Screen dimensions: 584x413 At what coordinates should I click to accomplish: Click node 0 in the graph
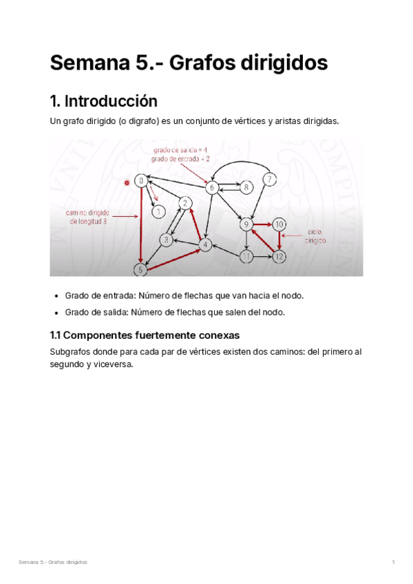point(140,181)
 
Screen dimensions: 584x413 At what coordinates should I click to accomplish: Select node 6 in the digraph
point(212,187)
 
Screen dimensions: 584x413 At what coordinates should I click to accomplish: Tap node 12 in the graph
point(279,257)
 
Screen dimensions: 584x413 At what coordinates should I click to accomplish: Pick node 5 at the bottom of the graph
point(141,270)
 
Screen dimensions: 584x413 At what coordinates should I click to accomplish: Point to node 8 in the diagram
point(246,186)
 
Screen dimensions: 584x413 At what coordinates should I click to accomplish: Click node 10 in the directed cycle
point(279,225)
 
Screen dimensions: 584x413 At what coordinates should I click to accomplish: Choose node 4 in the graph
point(204,244)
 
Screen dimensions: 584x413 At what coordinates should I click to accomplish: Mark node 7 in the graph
point(271,180)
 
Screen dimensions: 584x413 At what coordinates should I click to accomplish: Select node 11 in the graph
point(246,257)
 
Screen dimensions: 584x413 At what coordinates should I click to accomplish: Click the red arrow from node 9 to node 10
point(262,225)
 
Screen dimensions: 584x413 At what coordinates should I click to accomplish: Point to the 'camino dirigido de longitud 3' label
point(88,217)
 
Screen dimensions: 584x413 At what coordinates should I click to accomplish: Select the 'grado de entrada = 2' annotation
point(180,158)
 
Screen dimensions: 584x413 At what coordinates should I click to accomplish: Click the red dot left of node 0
point(127,183)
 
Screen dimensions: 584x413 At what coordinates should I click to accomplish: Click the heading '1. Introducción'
point(103,101)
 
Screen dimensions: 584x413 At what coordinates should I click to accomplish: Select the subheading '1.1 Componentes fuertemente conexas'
point(144,335)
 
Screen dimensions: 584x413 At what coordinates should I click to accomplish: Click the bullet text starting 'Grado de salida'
point(174,312)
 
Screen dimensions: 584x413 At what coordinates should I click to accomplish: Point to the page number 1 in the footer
point(392,563)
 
